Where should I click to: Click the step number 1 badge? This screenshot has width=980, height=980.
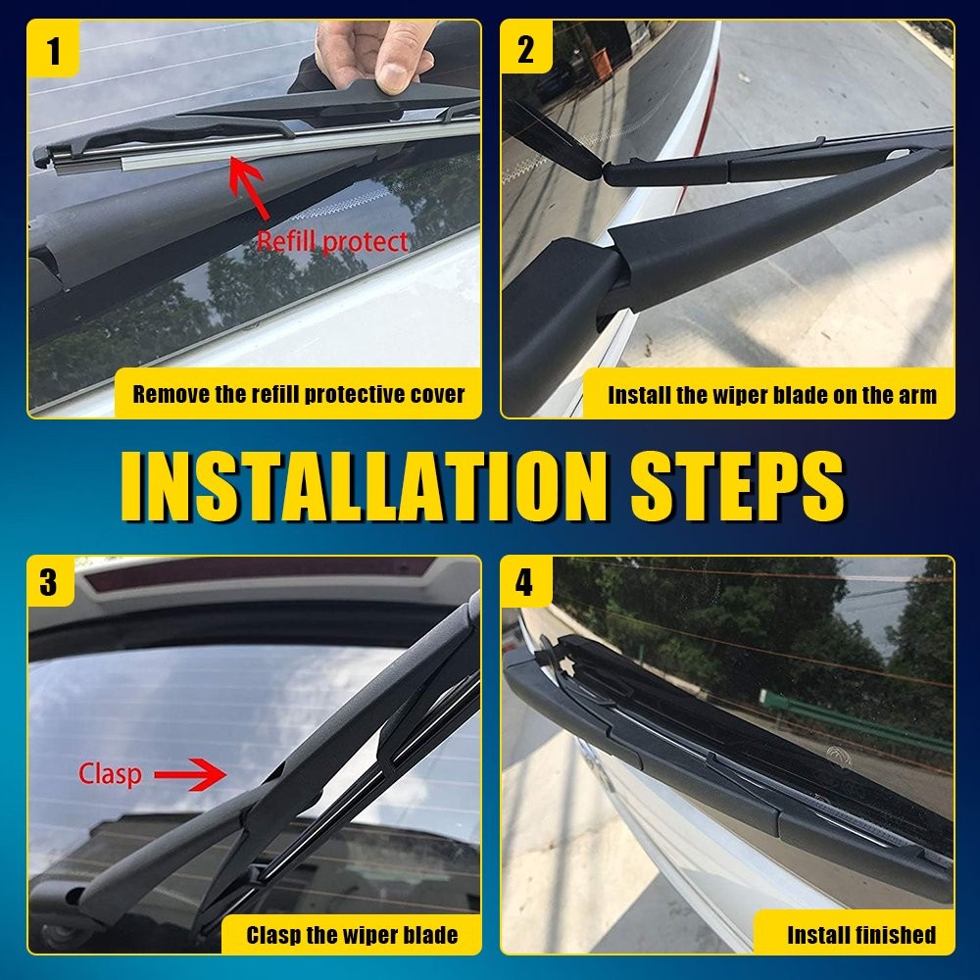tap(53, 49)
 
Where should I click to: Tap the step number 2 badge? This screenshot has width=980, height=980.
tap(526, 47)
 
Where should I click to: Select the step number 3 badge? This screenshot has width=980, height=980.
tap(50, 582)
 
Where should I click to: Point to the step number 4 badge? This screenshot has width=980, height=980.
tap(525, 582)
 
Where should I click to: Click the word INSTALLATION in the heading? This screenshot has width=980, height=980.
tap(364, 486)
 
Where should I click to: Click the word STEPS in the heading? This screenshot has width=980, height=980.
tap(738, 486)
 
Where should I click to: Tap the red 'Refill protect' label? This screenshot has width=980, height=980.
tap(332, 241)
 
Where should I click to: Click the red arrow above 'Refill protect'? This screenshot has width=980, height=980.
tap(249, 188)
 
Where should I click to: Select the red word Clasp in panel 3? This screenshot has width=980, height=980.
tap(110, 774)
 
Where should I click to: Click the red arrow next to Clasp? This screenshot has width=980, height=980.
tap(190, 775)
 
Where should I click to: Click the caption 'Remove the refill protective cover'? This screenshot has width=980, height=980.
tap(299, 394)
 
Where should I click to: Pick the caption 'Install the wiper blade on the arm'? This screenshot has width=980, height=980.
tap(772, 395)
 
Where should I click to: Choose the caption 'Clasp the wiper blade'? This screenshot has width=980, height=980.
tap(352, 935)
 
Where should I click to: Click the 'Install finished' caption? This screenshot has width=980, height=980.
tap(861, 935)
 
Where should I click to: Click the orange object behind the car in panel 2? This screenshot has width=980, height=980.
tap(603, 65)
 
